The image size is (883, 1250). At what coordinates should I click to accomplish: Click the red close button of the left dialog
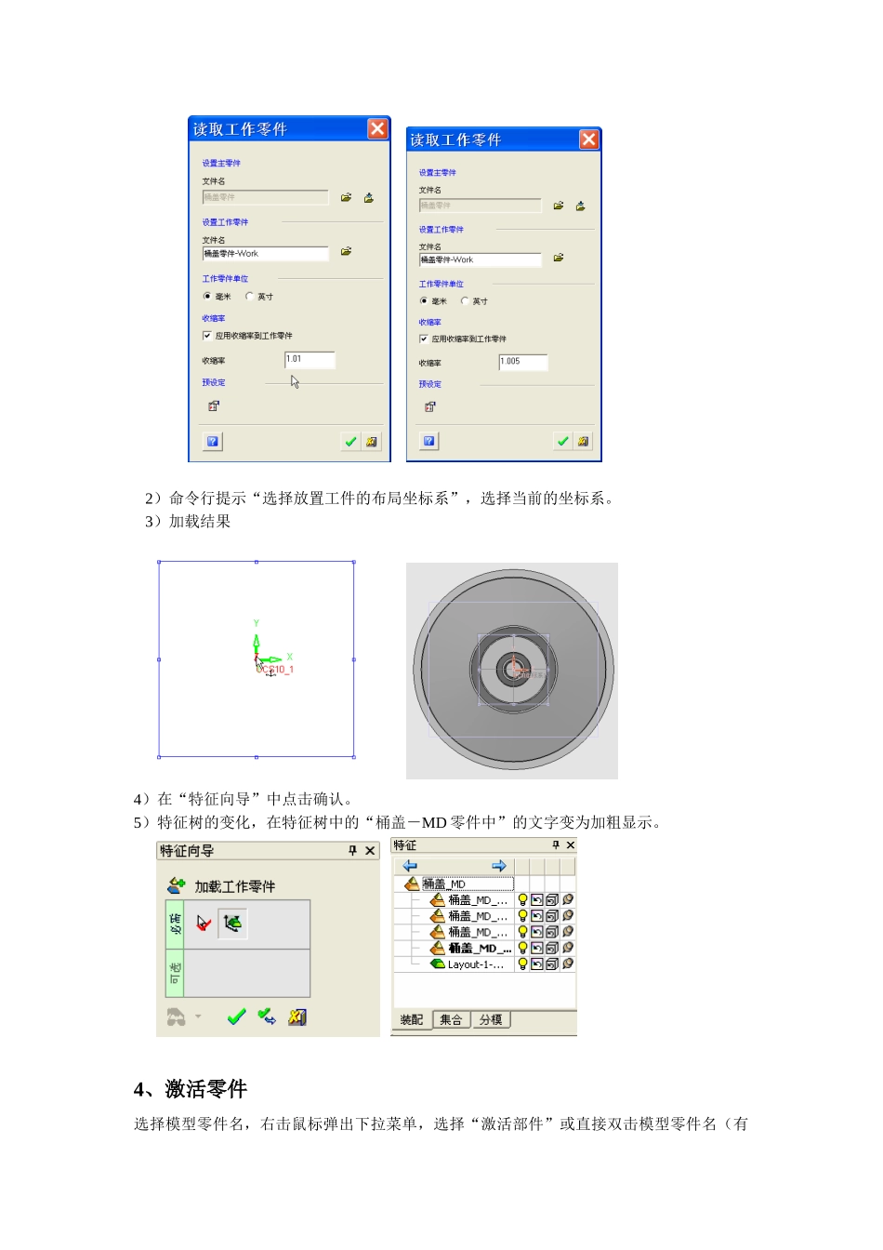pyautogui.click(x=377, y=128)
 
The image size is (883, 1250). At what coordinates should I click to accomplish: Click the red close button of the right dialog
pyautogui.click(x=589, y=140)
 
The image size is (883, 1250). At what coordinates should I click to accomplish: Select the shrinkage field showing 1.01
pyautogui.click(x=310, y=360)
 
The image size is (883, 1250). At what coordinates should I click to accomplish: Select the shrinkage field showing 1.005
pyautogui.click(x=523, y=362)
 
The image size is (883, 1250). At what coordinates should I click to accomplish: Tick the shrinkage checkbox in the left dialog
pyautogui.click(x=207, y=336)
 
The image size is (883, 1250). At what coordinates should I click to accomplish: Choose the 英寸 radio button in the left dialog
pyautogui.click(x=249, y=297)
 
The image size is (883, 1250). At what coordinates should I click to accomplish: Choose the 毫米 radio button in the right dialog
pyautogui.click(x=424, y=301)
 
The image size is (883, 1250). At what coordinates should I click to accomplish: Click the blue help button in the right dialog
pyautogui.click(x=429, y=441)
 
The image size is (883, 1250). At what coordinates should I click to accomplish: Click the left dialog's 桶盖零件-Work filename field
pyautogui.click(x=265, y=254)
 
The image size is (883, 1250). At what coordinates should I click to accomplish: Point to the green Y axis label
pyautogui.click(x=257, y=623)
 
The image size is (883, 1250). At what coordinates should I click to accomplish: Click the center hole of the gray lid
pyautogui.click(x=512, y=669)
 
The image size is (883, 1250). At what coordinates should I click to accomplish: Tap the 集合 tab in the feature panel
pyautogui.click(x=451, y=1020)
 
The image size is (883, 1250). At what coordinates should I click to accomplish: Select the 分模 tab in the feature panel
pyautogui.click(x=491, y=1020)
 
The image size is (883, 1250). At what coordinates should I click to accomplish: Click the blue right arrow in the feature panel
pyautogui.click(x=499, y=866)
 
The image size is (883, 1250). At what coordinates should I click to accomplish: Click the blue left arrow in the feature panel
pyautogui.click(x=410, y=866)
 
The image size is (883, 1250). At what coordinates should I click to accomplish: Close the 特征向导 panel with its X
pyautogui.click(x=370, y=851)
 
